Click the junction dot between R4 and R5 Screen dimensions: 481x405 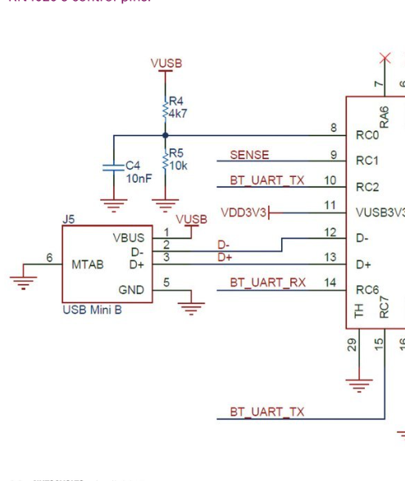[166, 134]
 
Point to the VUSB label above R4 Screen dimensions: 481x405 [166, 64]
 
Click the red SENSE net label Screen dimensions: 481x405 [249, 154]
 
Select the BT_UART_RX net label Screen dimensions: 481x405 [267, 283]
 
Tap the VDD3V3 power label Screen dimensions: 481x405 [243, 213]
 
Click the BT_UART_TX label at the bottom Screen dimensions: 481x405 [266, 411]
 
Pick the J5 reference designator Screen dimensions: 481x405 [69, 219]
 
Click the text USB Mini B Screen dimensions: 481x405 [92, 311]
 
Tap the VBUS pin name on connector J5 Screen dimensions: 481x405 [129, 238]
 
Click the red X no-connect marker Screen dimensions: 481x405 [385, 57]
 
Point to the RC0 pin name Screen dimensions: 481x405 [367, 135]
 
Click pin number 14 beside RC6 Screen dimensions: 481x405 [330, 283]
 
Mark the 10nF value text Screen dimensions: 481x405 [139, 178]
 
